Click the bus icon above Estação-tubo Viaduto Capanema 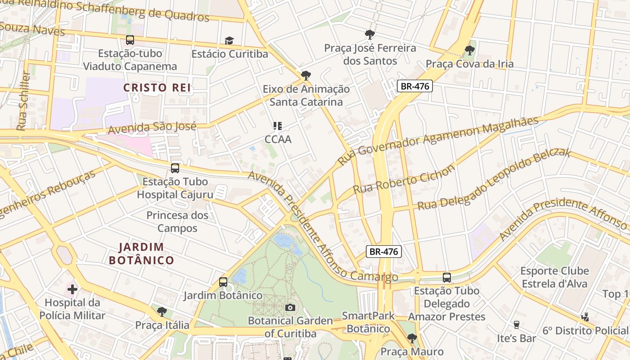[x=130, y=40]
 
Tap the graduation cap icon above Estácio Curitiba [x=229, y=41]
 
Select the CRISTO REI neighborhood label [x=157, y=88]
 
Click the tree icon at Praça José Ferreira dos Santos [x=370, y=34]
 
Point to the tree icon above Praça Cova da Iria [x=469, y=50]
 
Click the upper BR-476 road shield [x=414, y=86]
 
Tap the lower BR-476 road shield [x=383, y=252]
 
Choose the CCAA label [x=278, y=139]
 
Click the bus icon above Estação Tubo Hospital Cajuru [x=175, y=168]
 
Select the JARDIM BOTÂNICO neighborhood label [x=141, y=253]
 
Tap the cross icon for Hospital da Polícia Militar [x=72, y=289]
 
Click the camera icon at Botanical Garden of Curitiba [x=290, y=307]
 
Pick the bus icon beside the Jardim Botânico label [x=223, y=282]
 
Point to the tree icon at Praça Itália [x=162, y=311]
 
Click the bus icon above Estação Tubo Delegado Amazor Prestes [x=446, y=278]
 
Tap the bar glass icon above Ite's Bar [x=516, y=324]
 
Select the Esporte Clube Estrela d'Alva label [x=554, y=277]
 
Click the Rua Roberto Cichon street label [x=404, y=179]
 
